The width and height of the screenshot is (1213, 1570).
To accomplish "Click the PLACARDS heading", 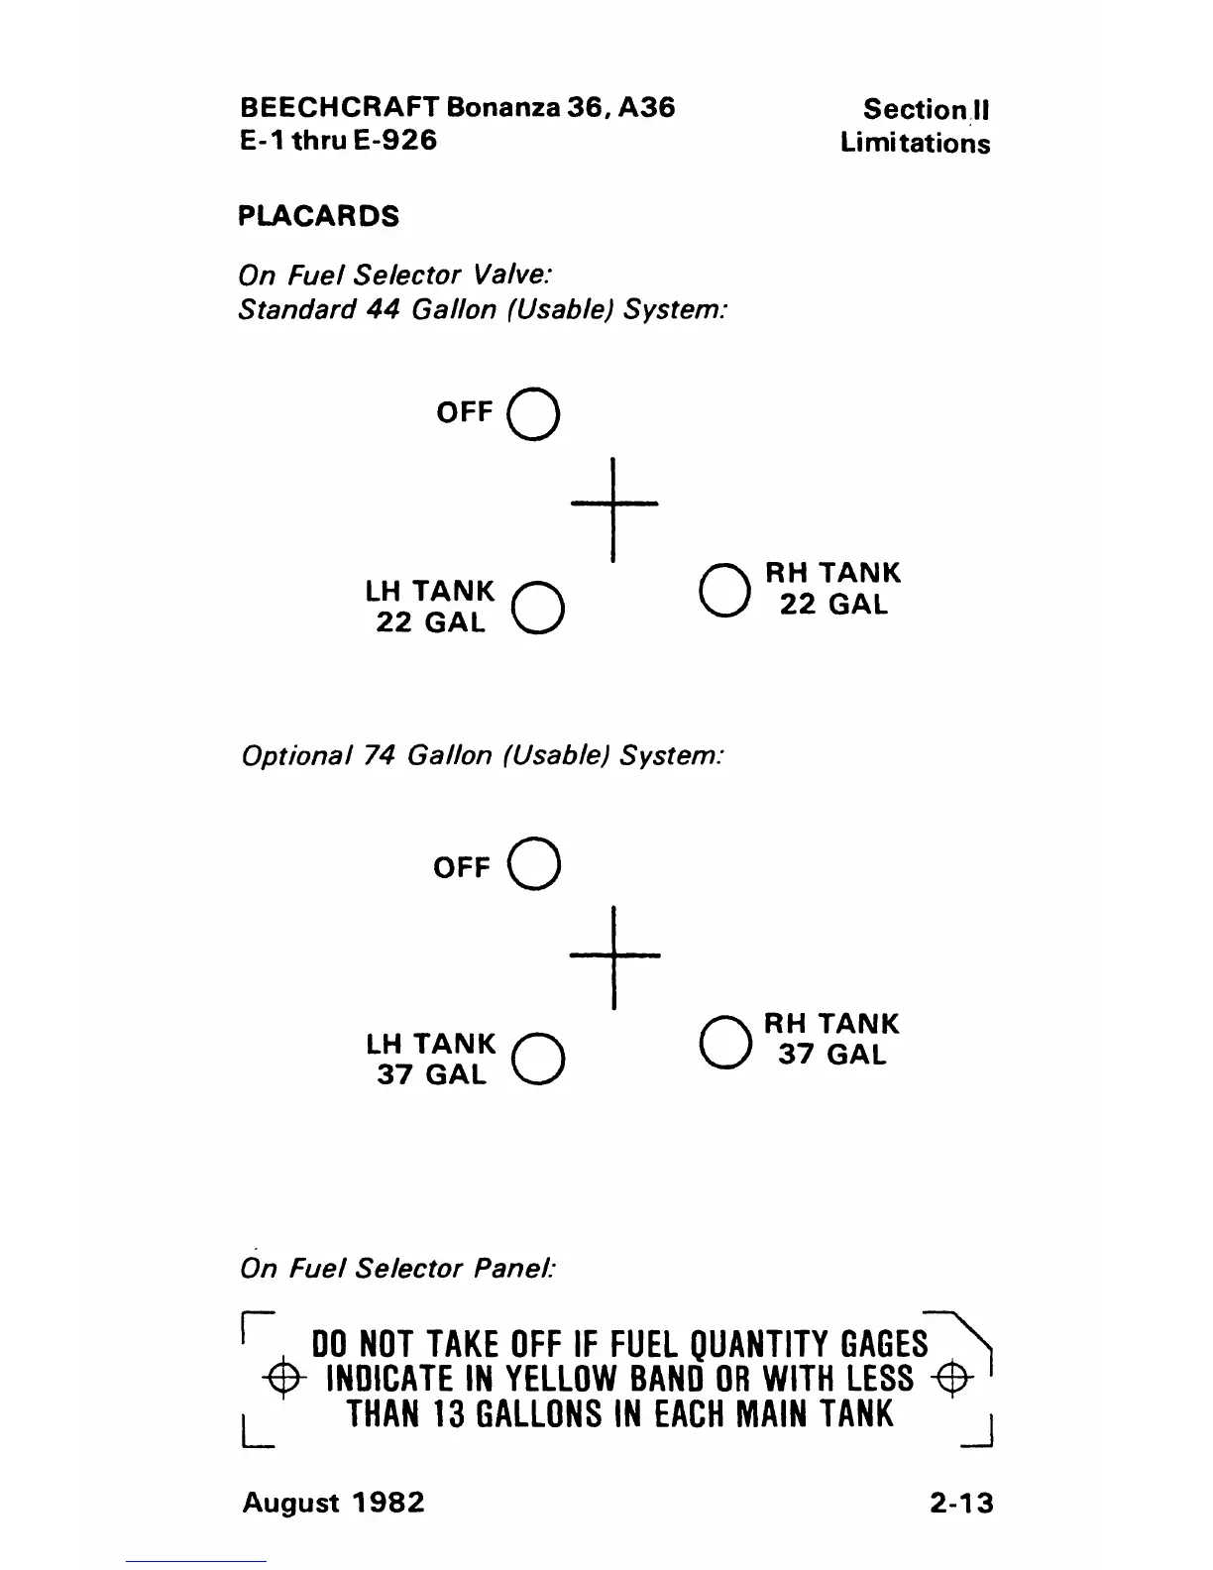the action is pyautogui.click(x=318, y=216).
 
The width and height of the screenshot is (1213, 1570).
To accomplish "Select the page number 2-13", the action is pyautogui.click(x=960, y=1503).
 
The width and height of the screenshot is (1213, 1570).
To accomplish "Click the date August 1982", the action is pyautogui.click(x=333, y=1503).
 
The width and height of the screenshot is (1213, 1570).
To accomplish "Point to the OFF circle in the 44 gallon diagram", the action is pyautogui.click(x=533, y=414).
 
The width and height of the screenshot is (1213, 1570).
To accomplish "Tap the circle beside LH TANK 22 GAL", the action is pyautogui.click(x=539, y=607).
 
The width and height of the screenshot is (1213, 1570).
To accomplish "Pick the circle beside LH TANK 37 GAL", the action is pyautogui.click(x=539, y=1059).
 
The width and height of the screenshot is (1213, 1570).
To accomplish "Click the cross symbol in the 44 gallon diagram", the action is pyautogui.click(x=614, y=505).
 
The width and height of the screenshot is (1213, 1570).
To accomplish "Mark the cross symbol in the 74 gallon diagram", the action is pyautogui.click(x=614, y=955).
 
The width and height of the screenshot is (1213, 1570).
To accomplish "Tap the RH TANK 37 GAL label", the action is pyautogui.click(x=831, y=1039).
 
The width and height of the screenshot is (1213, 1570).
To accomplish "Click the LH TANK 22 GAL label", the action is pyautogui.click(x=429, y=607).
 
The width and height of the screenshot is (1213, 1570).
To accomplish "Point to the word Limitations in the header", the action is pyautogui.click(x=915, y=144).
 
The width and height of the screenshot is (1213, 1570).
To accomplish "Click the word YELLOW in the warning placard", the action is pyautogui.click(x=565, y=1379).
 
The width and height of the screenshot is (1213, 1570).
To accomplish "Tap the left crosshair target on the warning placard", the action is pyautogui.click(x=282, y=1379).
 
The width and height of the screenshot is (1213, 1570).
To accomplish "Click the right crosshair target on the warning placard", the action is pyautogui.click(x=950, y=1379).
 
